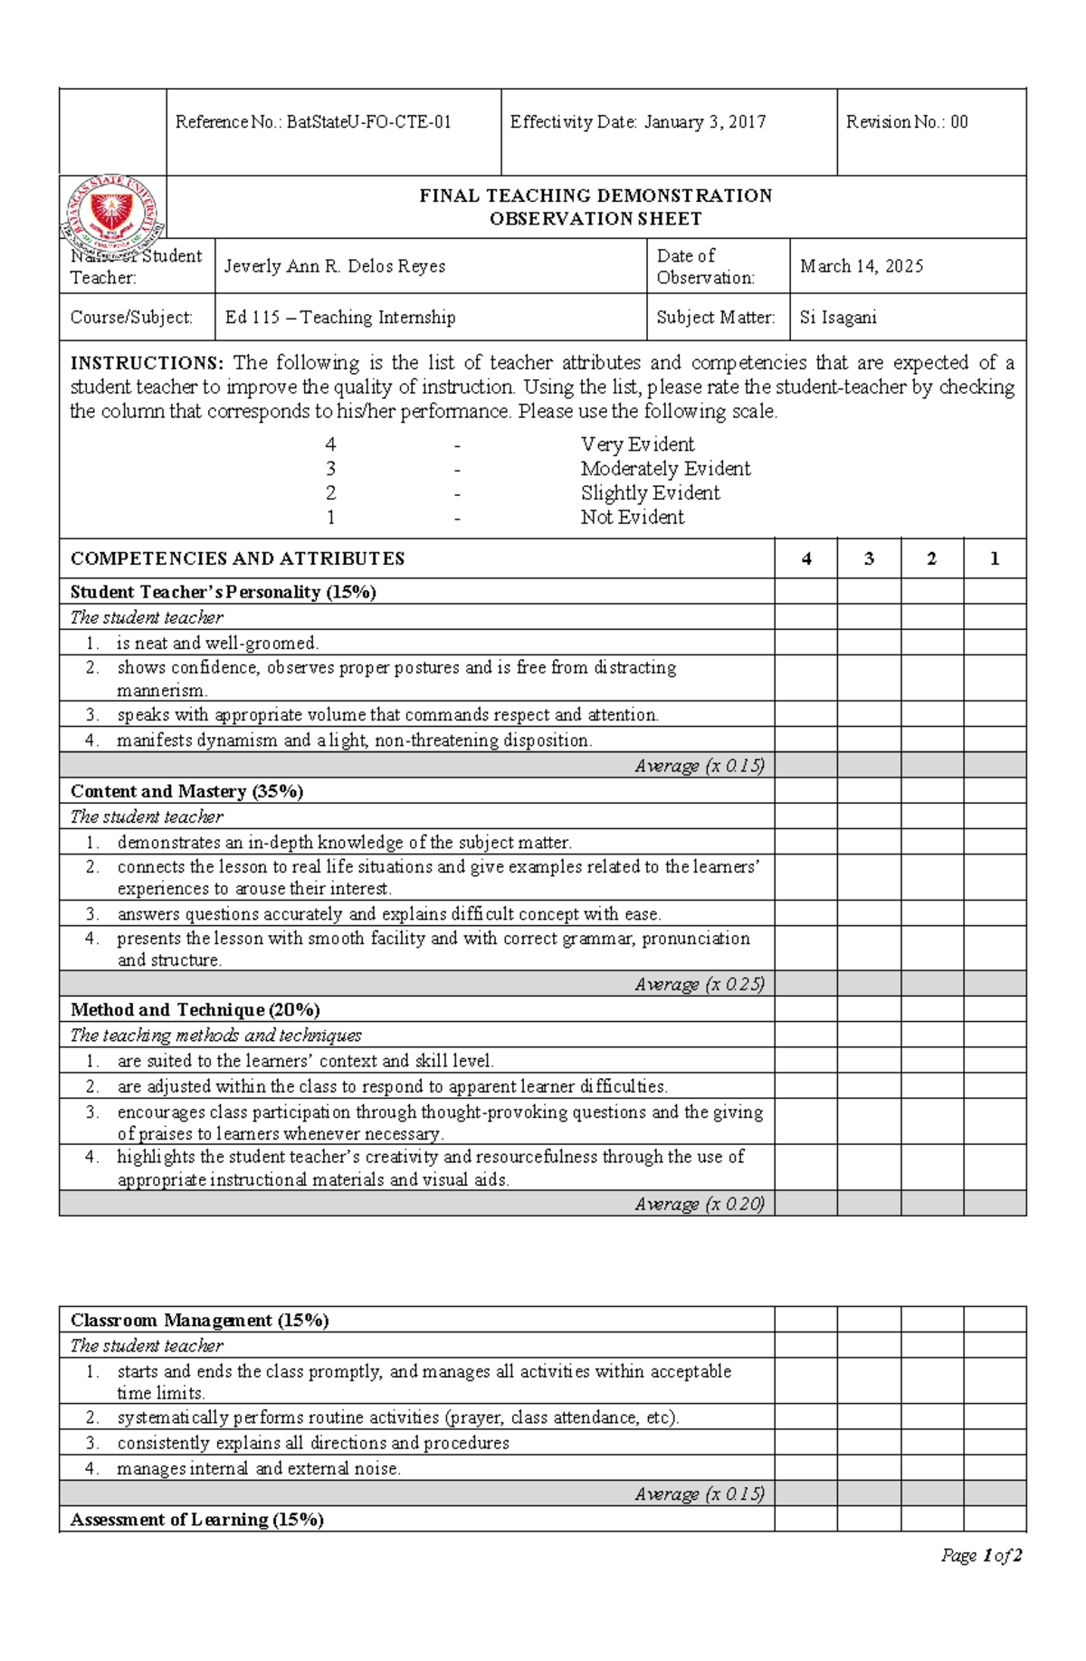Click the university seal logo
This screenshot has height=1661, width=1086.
(112, 211)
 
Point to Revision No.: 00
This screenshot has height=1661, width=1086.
(906, 122)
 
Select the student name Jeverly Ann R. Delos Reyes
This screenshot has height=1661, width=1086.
(335, 266)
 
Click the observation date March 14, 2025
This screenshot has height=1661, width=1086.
(862, 266)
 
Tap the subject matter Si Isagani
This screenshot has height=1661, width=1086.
(838, 318)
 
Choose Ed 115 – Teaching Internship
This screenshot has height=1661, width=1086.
(340, 318)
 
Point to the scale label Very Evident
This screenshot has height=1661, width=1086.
(637, 444)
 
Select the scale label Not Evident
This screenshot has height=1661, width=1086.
(632, 518)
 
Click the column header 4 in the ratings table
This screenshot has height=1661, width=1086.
(805, 559)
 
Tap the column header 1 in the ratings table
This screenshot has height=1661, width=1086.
(994, 559)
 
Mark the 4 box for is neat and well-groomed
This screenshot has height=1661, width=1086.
(805, 644)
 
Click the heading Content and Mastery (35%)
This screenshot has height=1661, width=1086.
(186, 791)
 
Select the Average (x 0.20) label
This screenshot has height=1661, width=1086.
(699, 1204)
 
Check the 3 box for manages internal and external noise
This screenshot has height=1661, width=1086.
(869, 1468)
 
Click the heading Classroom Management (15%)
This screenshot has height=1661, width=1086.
(199, 1320)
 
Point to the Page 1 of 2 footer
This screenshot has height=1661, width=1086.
(981, 1556)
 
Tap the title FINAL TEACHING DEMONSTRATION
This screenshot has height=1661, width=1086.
(595, 196)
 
